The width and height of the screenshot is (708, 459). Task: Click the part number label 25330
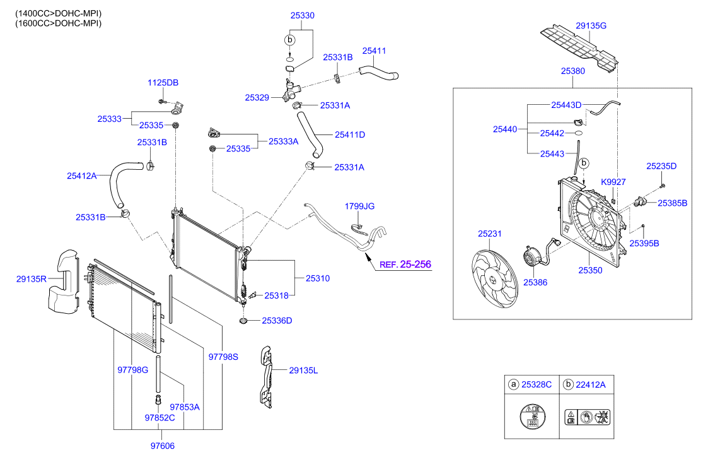(303, 15)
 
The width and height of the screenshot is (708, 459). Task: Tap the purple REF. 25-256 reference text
(405, 265)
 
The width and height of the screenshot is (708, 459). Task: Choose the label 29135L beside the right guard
(303, 371)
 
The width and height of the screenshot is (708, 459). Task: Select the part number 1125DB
(163, 83)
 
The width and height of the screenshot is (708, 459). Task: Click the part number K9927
(613, 182)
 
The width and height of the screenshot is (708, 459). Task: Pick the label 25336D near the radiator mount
(277, 321)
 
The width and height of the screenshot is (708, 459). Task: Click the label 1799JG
(359, 206)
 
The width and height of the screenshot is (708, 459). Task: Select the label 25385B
(672, 203)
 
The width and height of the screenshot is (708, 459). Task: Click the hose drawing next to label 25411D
(310, 134)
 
